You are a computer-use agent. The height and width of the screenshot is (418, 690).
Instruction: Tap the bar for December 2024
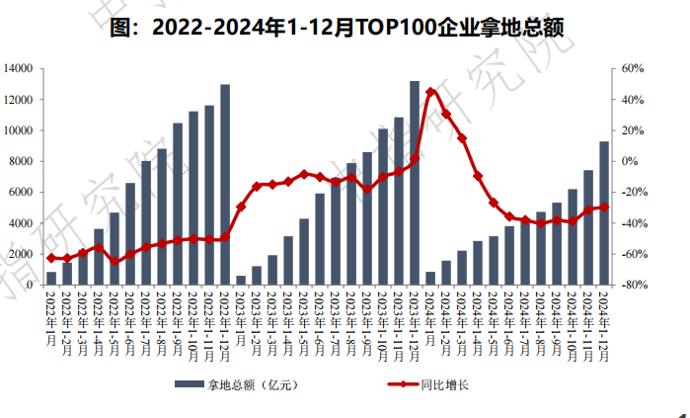(x=604, y=212)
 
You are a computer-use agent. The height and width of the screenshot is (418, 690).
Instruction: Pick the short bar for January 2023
(x=241, y=280)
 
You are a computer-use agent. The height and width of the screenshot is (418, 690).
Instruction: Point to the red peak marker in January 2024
(x=430, y=92)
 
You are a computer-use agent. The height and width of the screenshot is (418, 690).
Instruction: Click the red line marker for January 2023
(x=241, y=207)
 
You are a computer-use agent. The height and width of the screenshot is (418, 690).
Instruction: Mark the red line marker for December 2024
(x=604, y=208)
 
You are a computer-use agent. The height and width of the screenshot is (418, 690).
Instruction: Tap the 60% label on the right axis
(x=633, y=68)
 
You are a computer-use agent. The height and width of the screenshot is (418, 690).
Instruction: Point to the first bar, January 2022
(x=51, y=278)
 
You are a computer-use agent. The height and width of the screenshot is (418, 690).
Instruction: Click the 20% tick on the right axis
(x=633, y=130)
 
